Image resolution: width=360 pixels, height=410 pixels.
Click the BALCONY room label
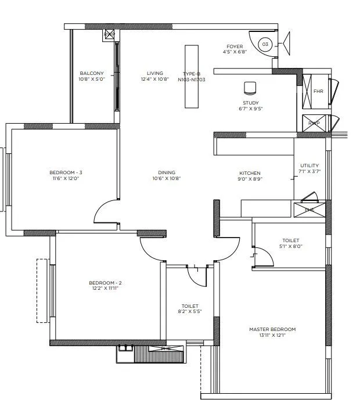(x=92, y=74)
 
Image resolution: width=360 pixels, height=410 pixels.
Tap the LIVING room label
(x=154, y=74)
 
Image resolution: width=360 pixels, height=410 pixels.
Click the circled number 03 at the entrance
(x=265, y=44)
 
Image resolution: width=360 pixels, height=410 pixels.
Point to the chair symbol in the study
(x=250, y=88)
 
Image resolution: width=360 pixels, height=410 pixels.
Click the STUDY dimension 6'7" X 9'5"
(x=251, y=109)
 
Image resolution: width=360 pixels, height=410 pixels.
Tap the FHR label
(x=318, y=91)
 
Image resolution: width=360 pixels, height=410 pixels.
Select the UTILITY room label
(x=309, y=166)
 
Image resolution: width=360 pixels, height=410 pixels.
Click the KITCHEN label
(x=250, y=173)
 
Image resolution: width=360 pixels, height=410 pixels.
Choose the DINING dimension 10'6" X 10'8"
(x=166, y=179)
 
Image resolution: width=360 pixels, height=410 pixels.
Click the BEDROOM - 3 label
(x=66, y=172)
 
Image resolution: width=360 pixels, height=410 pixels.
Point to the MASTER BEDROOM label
(x=272, y=329)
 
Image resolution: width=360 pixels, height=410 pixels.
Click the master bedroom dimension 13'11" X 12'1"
(x=272, y=335)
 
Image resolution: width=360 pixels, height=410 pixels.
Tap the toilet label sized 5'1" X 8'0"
(x=291, y=240)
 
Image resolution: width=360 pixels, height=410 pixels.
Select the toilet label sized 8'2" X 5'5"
(x=190, y=306)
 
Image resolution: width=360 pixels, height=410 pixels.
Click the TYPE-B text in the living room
(x=192, y=74)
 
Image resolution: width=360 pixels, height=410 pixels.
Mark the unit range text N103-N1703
(x=192, y=80)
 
